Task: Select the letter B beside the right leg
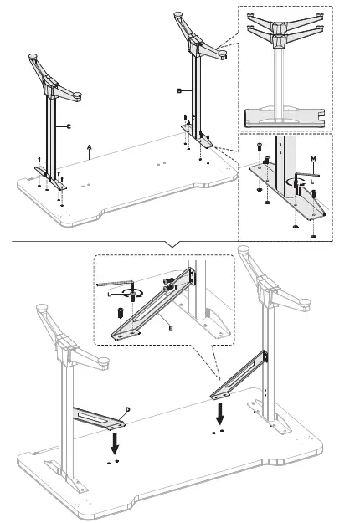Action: [179, 89]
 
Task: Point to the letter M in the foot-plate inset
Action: [313, 157]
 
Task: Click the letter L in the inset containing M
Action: [311, 180]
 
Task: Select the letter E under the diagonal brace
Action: [171, 330]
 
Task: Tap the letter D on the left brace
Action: [127, 408]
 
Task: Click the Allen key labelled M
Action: [318, 171]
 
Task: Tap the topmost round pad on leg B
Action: [177, 14]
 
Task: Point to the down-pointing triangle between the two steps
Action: [173, 244]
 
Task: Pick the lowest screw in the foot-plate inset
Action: [312, 233]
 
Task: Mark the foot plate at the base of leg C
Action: [48, 171]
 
